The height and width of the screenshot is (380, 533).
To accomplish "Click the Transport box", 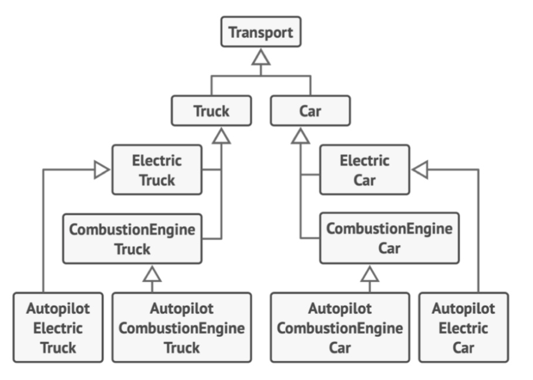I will [261, 32].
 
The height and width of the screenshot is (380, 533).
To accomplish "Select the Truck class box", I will [211, 111].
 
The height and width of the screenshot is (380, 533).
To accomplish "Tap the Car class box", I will [310, 111].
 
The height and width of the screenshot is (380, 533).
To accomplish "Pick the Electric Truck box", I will [157, 170].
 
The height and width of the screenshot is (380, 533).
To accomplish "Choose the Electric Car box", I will [364, 169].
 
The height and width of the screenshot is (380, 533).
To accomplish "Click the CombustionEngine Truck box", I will [132, 238].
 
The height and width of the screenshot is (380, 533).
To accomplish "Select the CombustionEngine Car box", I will [389, 238].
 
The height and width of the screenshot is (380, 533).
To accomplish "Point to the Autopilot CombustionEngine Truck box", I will [181, 328].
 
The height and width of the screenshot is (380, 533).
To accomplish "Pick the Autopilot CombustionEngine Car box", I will [340, 328].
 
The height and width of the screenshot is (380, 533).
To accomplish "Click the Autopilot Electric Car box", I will [463, 328].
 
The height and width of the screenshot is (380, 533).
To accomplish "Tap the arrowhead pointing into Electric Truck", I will [102, 170].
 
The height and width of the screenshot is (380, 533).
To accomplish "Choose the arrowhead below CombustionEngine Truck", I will [152, 273].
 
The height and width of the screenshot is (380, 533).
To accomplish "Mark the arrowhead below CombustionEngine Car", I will [370, 273].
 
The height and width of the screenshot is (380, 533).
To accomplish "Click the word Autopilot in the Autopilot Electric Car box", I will [463, 308].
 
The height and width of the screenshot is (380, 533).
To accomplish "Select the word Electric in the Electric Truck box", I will [157, 161].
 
